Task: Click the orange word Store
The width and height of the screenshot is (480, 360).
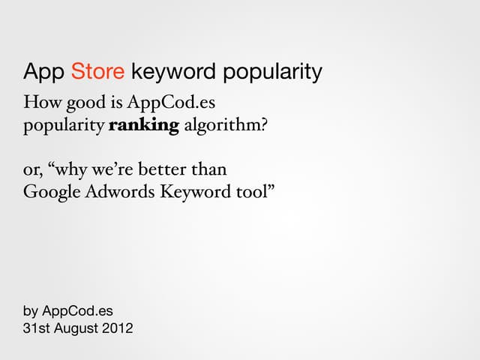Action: tap(97, 73)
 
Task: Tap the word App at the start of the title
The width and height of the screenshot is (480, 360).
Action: tap(43, 73)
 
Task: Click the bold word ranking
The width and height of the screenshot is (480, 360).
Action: tap(144, 124)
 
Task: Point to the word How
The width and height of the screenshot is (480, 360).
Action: tap(38, 103)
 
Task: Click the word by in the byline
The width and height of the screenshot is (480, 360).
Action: tap(31, 309)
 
